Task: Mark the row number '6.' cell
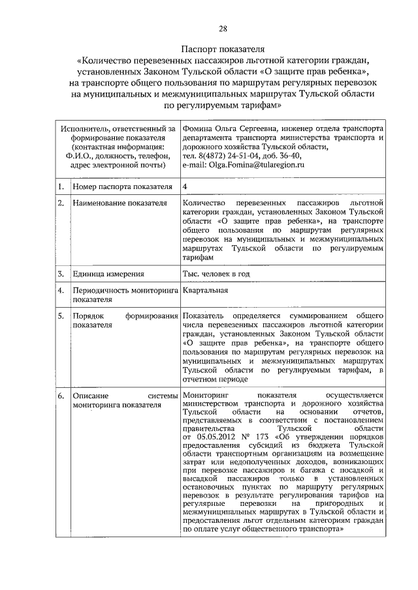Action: point(60,396)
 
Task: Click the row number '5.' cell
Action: point(60,316)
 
